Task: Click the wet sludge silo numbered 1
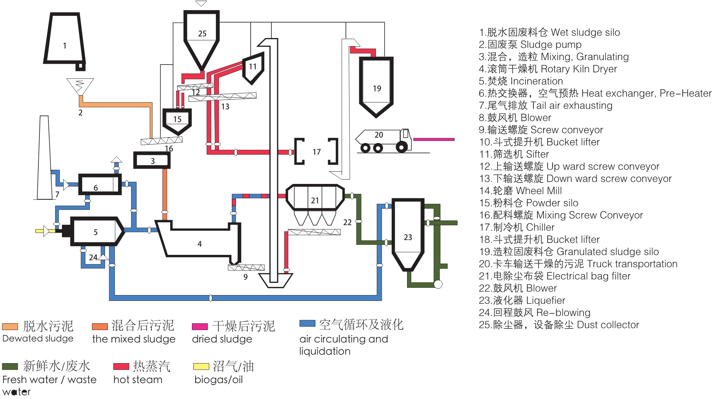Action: tap(64, 40)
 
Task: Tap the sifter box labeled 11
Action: tap(252, 67)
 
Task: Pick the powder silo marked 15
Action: tap(177, 119)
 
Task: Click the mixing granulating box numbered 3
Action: tap(152, 160)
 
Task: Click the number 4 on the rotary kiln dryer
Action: tap(200, 244)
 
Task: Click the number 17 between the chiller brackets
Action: tap(317, 152)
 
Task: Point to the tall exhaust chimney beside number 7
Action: tap(44, 159)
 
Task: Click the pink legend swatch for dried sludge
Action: tap(200, 327)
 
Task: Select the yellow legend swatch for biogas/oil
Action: tap(201, 367)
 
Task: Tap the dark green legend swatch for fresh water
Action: tap(10, 366)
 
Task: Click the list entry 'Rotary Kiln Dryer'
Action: tap(548, 69)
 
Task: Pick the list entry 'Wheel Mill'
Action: tap(520, 191)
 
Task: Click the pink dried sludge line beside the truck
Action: tap(434, 139)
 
